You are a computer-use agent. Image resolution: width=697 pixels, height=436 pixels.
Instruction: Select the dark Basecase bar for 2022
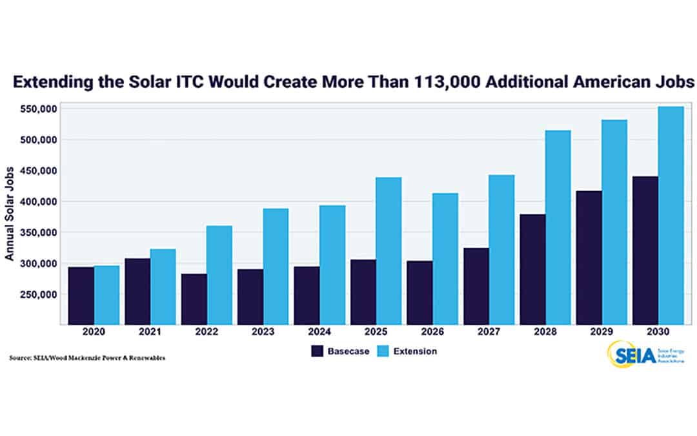(x=194, y=298)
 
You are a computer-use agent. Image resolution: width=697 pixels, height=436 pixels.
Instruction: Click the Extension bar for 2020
(x=106, y=295)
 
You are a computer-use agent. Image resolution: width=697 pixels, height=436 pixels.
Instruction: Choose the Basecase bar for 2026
(x=419, y=292)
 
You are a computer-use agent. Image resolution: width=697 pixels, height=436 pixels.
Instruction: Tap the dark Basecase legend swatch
(x=317, y=351)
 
